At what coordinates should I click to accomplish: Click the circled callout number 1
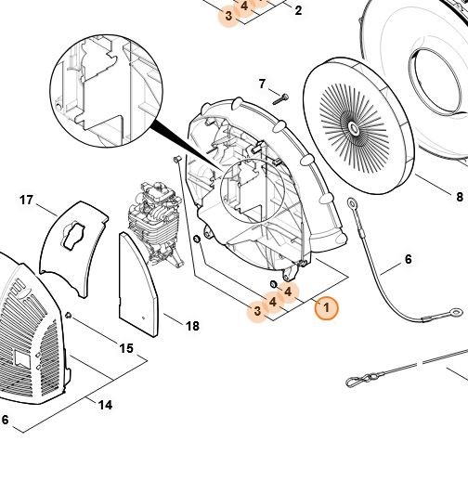coord(327,307)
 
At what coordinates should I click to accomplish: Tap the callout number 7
coord(262,84)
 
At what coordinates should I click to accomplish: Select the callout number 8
coord(460,197)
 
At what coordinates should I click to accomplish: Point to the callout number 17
coord(26,200)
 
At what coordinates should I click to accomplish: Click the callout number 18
coord(192,326)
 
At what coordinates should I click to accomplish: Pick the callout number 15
coord(126,348)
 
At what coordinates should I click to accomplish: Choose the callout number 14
coord(105,405)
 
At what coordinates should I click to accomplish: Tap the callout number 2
coord(298,10)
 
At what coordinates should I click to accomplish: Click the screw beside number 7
coord(280,98)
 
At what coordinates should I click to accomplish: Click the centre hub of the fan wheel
coord(354,127)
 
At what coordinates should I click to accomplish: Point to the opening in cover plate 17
coord(72,235)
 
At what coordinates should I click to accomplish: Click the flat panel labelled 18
coord(138,284)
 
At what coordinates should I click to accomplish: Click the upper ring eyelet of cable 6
coord(352,203)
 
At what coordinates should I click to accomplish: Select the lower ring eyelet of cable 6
coord(456,313)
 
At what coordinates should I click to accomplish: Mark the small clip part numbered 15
coord(69,315)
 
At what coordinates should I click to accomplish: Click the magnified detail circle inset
coord(106,91)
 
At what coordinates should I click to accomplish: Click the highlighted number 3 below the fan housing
coord(257,311)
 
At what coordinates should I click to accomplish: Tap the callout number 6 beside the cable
coord(408,259)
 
